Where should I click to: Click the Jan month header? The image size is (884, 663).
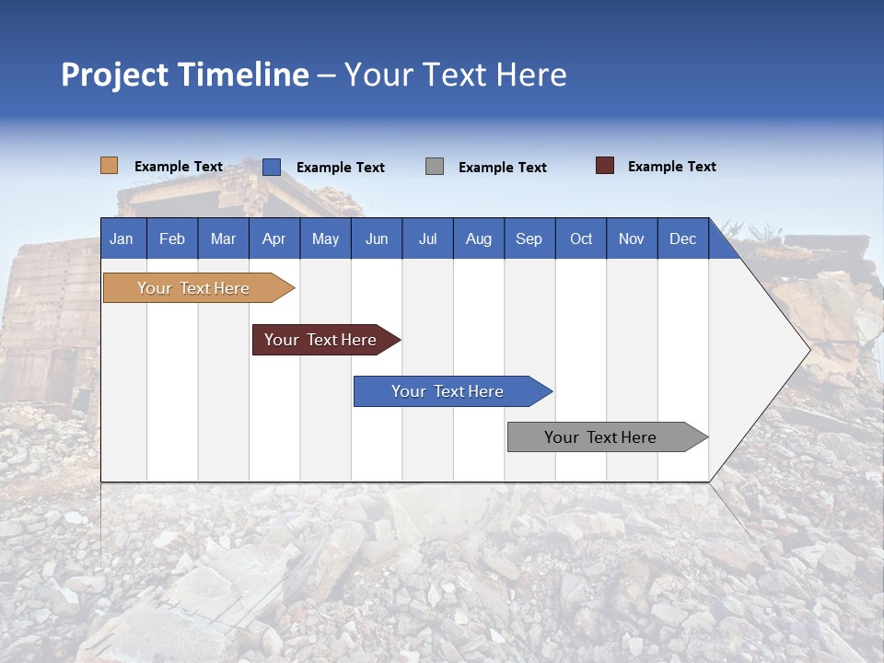click(122, 238)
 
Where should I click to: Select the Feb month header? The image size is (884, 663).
click(172, 238)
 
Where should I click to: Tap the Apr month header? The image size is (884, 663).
click(273, 238)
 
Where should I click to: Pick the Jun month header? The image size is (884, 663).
click(377, 238)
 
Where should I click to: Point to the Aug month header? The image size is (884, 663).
click(478, 238)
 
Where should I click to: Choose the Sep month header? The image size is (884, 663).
click(529, 238)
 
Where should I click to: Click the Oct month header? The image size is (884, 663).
click(581, 238)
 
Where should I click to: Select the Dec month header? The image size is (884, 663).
click(682, 238)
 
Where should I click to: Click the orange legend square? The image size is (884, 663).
click(109, 166)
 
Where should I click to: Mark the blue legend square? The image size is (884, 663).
click(271, 167)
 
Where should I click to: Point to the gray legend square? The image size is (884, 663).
click(435, 167)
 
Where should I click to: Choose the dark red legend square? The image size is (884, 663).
click(604, 166)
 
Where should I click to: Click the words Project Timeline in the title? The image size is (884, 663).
click(185, 75)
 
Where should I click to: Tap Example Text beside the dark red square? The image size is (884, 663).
click(671, 167)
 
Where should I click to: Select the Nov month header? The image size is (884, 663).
click(632, 238)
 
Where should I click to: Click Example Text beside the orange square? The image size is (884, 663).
click(179, 167)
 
